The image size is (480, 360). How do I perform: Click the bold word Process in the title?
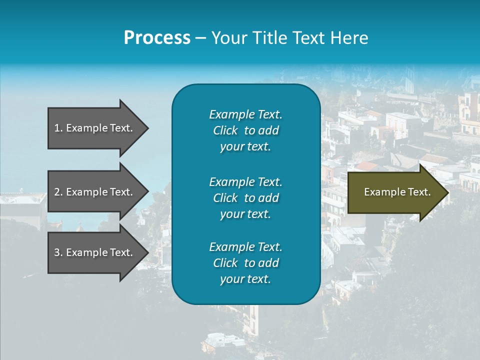157,38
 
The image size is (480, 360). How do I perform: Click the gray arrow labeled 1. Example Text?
95,128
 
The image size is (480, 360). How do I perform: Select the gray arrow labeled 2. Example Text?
95,192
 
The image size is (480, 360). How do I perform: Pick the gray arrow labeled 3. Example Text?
95,252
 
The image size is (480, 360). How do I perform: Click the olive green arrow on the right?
395,192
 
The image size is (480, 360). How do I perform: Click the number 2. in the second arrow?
58,192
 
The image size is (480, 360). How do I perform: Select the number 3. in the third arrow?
58,252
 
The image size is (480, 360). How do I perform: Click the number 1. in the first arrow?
58,128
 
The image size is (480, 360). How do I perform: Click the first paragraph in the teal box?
245,130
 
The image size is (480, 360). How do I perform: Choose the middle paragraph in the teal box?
245,197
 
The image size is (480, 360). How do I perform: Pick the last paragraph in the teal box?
245,263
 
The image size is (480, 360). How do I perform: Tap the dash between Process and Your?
200,38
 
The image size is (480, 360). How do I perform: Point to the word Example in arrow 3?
86,252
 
